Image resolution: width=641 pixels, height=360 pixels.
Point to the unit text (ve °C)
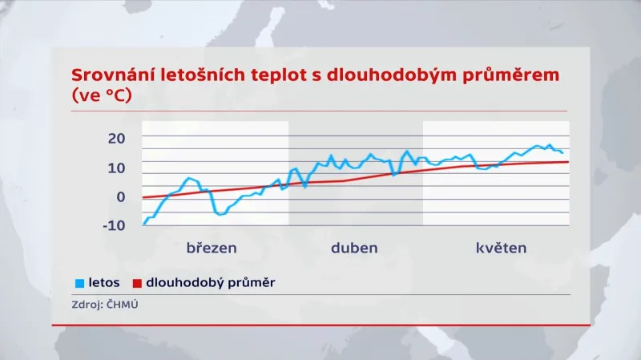[x=101, y=96]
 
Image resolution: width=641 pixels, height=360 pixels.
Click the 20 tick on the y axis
[x=117, y=139]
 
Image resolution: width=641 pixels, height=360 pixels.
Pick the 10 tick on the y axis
[x=117, y=168]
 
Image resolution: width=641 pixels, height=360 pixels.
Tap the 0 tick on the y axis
[x=121, y=196]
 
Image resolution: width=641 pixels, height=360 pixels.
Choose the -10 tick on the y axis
[x=115, y=225]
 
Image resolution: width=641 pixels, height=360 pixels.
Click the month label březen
[x=212, y=248]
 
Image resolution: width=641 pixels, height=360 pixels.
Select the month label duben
[x=354, y=248]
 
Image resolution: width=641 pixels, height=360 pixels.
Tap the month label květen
[x=497, y=248]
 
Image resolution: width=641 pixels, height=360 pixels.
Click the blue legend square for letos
[x=78, y=283]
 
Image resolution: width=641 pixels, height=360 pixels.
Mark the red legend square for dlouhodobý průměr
[x=136, y=283]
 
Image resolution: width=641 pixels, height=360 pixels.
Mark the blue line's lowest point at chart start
[x=144, y=224]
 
